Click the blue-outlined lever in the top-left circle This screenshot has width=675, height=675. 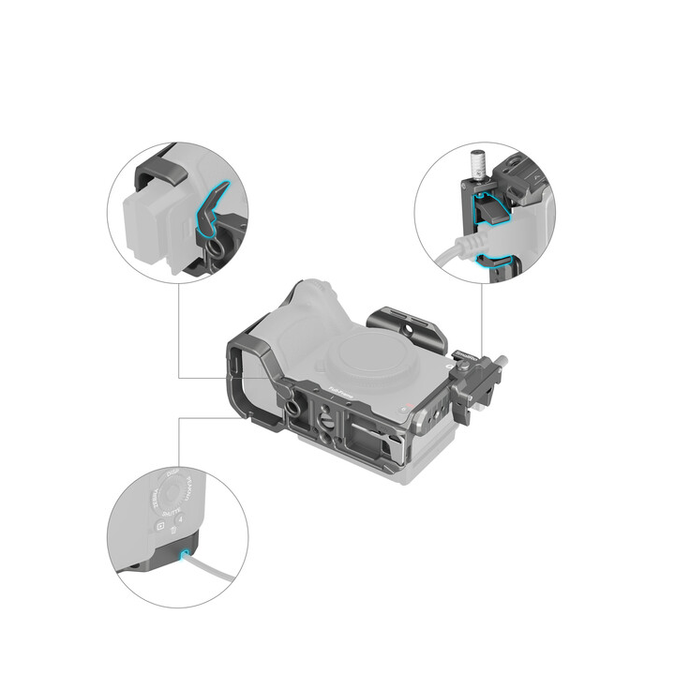point(208,209)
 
